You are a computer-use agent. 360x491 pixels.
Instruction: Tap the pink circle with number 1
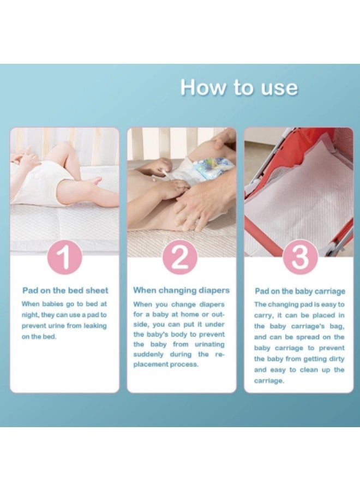64,258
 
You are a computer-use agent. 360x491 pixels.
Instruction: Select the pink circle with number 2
181,258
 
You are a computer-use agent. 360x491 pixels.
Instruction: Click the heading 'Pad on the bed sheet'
65,290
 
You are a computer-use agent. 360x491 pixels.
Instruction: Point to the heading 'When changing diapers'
182,290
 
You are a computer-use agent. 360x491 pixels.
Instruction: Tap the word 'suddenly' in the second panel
152,354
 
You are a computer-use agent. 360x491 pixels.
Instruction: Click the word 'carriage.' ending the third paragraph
269,380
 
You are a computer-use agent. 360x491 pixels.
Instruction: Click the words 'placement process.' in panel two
166,364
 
